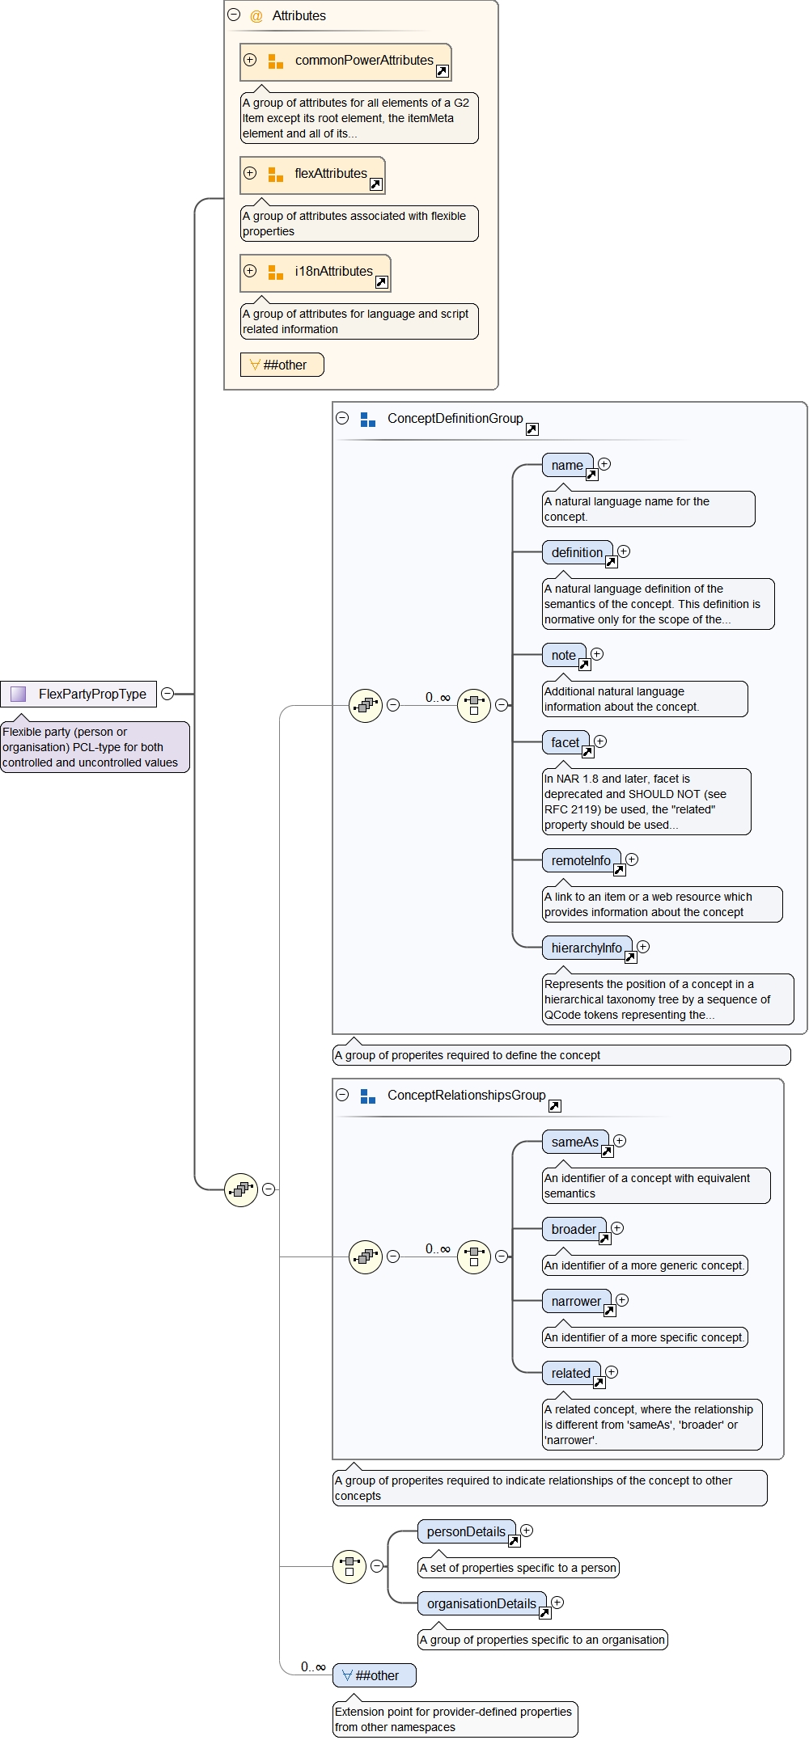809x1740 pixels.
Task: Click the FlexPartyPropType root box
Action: click(x=78, y=694)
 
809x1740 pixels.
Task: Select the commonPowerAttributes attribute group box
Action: click(x=345, y=61)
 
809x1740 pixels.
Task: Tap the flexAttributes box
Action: click(x=312, y=175)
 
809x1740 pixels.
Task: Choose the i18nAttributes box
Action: click(x=316, y=272)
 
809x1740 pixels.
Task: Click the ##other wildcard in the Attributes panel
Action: click(x=282, y=365)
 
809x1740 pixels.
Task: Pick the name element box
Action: click(x=567, y=466)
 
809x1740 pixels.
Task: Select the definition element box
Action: click(x=577, y=553)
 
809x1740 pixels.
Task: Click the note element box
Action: click(x=564, y=656)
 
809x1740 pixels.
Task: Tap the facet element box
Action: click(x=565, y=743)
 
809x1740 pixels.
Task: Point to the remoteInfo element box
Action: click(x=581, y=861)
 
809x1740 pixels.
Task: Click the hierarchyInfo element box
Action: click(x=587, y=948)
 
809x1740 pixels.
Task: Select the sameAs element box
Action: click(x=574, y=1142)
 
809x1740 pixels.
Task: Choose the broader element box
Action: click(x=574, y=1230)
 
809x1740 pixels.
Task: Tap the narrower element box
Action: click(x=576, y=1302)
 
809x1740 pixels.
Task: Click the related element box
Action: click(x=570, y=1374)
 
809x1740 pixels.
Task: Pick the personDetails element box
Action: click(x=466, y=1532)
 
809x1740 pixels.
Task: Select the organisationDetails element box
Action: click(x=481, y=1604)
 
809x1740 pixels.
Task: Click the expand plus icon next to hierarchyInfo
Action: click(x=643, y=947)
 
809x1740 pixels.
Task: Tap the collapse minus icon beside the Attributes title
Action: click(x=234, y=15)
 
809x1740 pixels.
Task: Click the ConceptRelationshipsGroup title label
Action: click(x=466, y=1096)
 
